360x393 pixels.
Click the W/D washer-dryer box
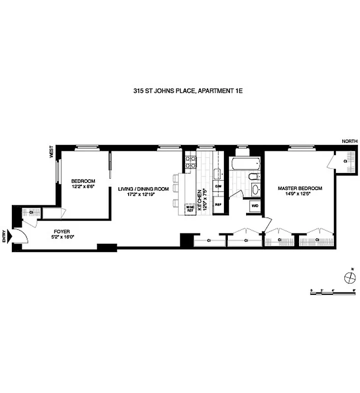(255, 206)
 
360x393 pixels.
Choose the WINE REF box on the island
(190, 208)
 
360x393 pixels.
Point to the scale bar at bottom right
(333, 291)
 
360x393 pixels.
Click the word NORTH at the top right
(350, 141)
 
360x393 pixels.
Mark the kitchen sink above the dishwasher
(218, 173)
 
